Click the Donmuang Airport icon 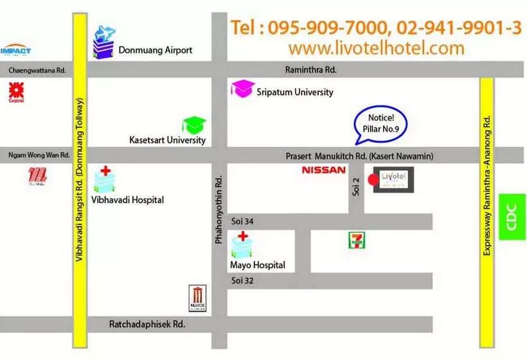coord(103,42)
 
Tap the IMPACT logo coord(15,50)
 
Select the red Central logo coord(16,92)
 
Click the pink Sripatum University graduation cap coord(242,89)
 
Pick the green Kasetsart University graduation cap coord(193,125)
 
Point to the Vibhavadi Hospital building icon coord(104,181)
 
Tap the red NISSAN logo coord(323,170)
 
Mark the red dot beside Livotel coord(371,180)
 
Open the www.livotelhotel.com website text coord(376,48)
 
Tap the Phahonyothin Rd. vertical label coord(219,211)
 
